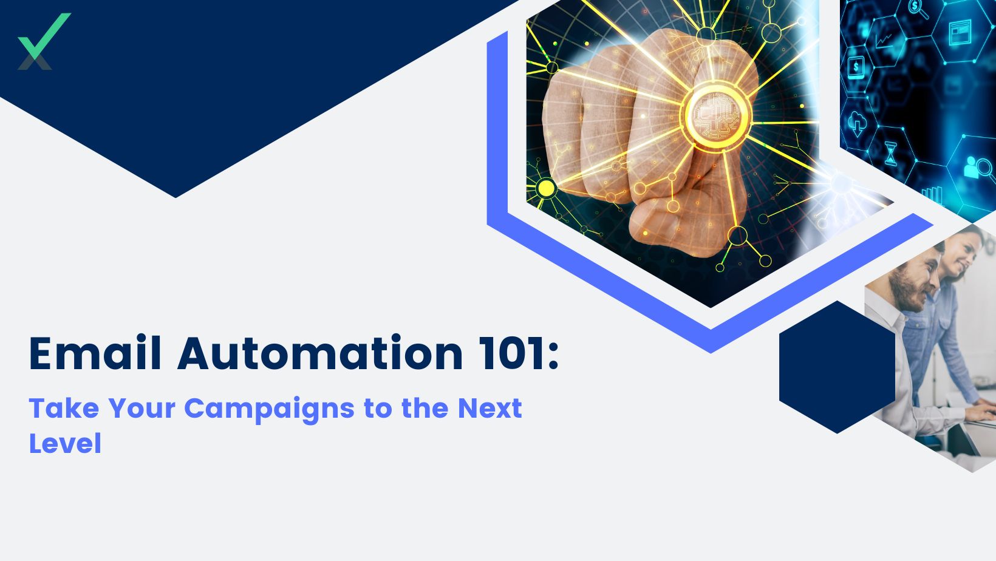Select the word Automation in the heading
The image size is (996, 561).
point(320,353)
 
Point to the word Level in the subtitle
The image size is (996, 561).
point(66,443)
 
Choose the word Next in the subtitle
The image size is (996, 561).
point(489,408)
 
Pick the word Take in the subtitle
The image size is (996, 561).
point(64,407)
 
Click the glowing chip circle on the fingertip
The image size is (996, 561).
point(717,115)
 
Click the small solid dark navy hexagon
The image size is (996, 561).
point(837,367)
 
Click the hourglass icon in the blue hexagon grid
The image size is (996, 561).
point(890,154)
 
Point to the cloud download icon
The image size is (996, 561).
point(857,123)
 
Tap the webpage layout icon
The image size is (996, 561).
point(960,32)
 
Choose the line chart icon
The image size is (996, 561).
point(885,41)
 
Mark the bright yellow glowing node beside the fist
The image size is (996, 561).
point(545,188)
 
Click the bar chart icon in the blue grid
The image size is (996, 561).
point(932,194)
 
